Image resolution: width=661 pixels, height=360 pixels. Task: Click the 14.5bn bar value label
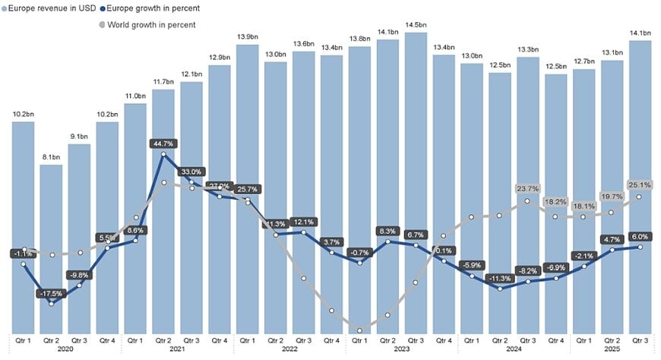416,25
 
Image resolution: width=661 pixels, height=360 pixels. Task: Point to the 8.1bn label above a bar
51,157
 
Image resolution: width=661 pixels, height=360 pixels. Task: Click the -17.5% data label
51,293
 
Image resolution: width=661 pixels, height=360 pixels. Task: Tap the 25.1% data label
639,185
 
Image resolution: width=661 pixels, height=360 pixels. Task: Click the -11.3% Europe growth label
499,278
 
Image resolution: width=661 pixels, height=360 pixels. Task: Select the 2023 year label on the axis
401,350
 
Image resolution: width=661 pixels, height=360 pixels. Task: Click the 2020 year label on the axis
65,350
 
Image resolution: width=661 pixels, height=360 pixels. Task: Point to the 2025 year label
611,350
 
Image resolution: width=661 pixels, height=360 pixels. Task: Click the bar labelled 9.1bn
79,243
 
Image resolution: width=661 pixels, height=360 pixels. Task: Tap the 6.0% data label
639,236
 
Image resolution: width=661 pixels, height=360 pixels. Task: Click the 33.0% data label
191,172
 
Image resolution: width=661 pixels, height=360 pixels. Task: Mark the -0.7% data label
359,251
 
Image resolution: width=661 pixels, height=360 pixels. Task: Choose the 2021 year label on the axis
177,350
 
